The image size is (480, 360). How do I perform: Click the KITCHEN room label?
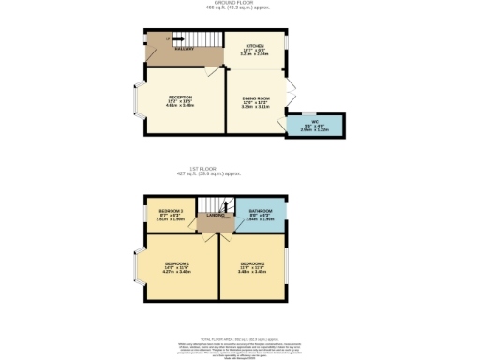click(x=255, y=45)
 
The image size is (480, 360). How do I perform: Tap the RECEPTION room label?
click(x=181, y=96)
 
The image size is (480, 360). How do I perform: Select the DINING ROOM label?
click(x=256, y=97)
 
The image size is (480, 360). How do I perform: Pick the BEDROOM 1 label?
click(x=177, y=263)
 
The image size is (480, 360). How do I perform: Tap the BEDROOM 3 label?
click(x=170, y=211)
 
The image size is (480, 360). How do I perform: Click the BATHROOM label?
click(x=259, y=211)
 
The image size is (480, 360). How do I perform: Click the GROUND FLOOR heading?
click(x=240, y=4)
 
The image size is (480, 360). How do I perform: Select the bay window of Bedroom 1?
click(x=137, y=267)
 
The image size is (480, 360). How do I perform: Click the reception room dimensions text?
click(x=181, y=104)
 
